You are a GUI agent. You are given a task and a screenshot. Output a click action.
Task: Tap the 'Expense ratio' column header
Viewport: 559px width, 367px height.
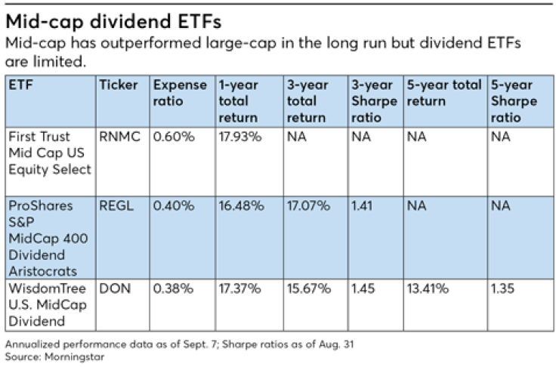click(x=179, y=93)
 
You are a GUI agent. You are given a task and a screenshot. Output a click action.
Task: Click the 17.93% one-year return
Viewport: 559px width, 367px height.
click(x=239, y=137)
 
